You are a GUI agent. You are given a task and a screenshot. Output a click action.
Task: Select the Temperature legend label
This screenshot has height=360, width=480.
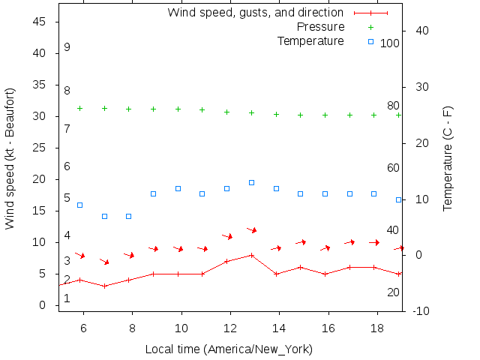tap(310, 40)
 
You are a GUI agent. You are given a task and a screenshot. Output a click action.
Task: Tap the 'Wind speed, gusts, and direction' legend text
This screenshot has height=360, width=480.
tap(256, 13)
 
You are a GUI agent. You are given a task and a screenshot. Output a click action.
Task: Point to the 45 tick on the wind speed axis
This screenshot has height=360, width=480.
tap(40, 22)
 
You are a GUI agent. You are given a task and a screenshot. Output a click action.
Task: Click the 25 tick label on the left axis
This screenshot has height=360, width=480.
tap(40, 148)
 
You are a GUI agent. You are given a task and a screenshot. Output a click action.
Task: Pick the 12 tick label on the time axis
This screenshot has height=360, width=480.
tap(230, 328)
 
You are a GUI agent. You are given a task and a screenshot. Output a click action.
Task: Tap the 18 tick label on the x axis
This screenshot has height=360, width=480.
tap(377, 328)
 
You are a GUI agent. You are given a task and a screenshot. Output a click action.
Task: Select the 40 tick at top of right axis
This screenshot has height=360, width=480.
tap(421, 31)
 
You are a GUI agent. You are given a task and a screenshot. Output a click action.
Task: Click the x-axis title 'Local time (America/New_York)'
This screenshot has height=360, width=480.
tap(229, 349)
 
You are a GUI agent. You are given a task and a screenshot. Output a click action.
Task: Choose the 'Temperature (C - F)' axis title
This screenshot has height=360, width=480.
tap(448, 158)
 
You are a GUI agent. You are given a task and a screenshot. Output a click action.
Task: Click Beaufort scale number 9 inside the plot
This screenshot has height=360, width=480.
tap(67, 47)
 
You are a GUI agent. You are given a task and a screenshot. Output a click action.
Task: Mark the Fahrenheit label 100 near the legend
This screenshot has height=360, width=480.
tap(390, 43)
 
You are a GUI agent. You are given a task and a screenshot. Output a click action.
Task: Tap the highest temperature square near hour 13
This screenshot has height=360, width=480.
tap(251, 182)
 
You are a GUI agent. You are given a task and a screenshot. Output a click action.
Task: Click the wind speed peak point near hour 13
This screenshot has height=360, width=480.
tap(251, 255)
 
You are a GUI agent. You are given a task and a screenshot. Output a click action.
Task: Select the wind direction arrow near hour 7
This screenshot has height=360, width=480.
tap(105, 262)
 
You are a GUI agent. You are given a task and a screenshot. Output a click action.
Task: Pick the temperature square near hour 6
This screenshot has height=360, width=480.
tap(79, 205)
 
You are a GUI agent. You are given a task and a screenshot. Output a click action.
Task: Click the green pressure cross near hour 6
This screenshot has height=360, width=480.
tap(79, 108)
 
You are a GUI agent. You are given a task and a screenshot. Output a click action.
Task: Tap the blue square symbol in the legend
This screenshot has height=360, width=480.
tap(370, 40)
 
